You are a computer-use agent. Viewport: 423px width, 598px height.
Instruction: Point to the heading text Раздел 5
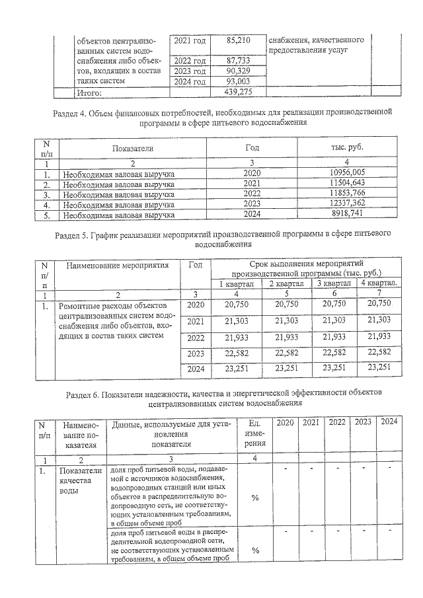click(75, 234)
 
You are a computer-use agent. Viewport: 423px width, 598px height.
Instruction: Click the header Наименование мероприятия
click(116, 265)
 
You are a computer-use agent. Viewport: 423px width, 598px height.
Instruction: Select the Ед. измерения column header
click(254, 433)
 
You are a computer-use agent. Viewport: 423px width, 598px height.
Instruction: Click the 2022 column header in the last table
click(337, 422)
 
